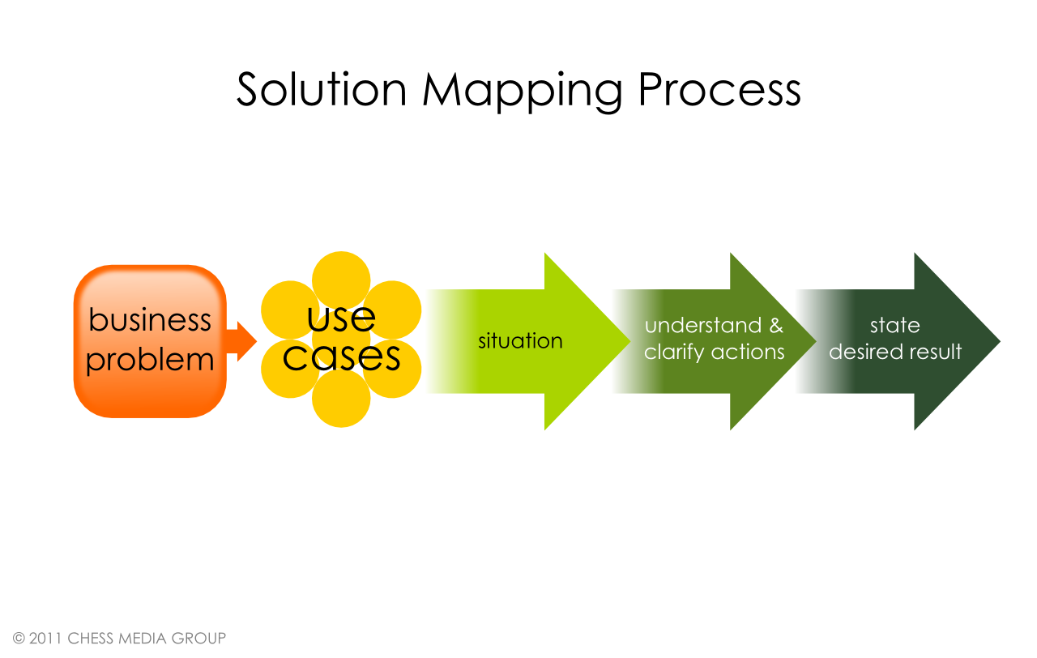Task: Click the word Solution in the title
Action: tap(322, 89)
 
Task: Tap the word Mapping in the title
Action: tap(523, 92)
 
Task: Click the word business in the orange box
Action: tap(150, 319)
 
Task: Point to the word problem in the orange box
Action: tap(150, 361)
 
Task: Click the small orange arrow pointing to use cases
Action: tap(241, 341)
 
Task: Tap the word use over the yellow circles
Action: tap(341, 318)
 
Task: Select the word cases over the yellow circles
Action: tap(341, 357)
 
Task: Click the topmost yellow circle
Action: tap(341, 280)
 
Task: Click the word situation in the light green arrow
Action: tap(520, 341)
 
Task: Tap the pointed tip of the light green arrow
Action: tap(629, 342)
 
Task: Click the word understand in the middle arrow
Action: tap(703, 326)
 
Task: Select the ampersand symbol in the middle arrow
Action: tap(776, 326)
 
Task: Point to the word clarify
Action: tap(675, 352)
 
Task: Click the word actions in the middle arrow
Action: tap(748, 352)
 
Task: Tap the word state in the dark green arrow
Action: tap(895, 326)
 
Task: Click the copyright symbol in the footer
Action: tap(19, 639)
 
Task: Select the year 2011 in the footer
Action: tap(45, 639)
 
